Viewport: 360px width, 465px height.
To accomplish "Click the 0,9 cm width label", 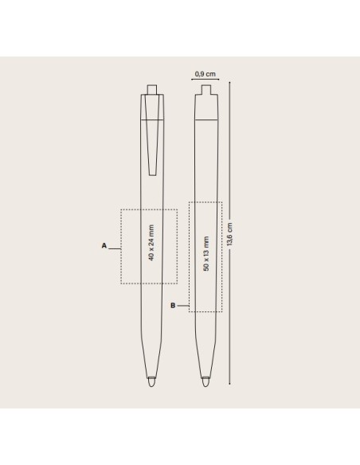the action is pos(205,74).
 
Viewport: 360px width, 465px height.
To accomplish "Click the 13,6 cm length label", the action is pos(229,234).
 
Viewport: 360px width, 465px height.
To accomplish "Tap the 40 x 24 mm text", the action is pos(151,243).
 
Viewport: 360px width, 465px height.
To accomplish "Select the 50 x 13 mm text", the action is pos(206,253).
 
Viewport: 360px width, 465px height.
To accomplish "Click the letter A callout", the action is pos(104,245).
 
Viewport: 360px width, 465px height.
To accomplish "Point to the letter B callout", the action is pos(173,306).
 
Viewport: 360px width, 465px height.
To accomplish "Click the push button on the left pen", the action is pos(152,89).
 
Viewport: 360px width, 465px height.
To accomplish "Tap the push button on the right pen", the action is pos(206,89).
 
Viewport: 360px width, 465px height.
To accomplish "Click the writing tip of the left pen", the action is pos(151,382).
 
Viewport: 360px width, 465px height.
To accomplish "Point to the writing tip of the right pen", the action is pos(205,382).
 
